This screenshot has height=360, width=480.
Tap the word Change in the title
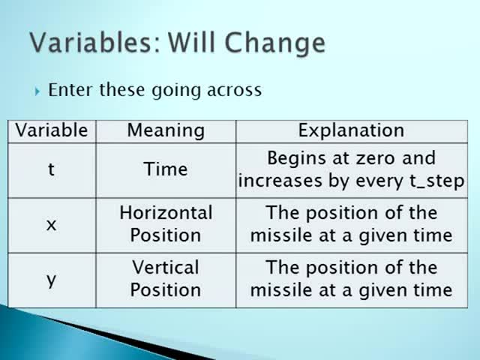point(274,43)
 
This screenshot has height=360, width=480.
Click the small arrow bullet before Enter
point(37,91)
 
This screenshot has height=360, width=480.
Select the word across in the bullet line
point(234,90)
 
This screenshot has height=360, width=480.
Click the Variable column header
point(52,130)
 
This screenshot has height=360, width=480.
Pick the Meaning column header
point(166,130)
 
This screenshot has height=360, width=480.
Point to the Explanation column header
point(352,130)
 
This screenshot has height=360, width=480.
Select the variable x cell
point(51,225)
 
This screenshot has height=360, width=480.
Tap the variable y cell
point(51,280)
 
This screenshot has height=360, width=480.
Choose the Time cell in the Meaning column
point(166,169)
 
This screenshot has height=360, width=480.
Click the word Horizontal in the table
point(166,212)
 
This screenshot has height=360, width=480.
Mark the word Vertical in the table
point(166,267)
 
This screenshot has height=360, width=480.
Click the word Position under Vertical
point(166,290)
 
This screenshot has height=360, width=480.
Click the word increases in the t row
point(280,181)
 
